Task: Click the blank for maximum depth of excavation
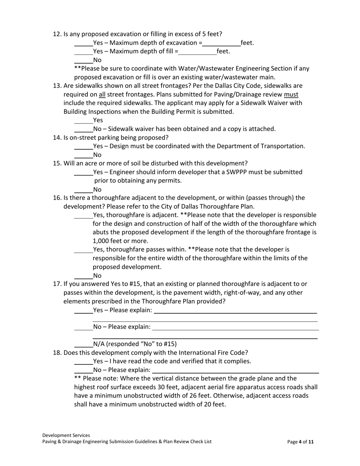click(x=221, y=43)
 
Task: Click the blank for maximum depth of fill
click(x=197, y=52)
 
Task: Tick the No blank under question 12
click(x=83, y=60)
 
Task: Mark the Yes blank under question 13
click(x=83, y=120)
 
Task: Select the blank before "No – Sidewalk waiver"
click(x=83, y=129)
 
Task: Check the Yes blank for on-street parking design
click(x=83, y=146)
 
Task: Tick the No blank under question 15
click(x=83, y=189)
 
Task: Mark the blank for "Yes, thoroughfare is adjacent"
click(x=83, y=215)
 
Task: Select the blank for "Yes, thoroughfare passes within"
click(x=83, y=250)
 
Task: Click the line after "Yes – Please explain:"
click(x=235, y=311)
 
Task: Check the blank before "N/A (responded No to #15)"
click(x=83, y=344)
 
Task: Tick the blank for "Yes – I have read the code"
click(x=83, y=361)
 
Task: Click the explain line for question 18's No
click(x=235, y=370)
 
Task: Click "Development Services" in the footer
click(x=66, y=435)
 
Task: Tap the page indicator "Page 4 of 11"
click(x=301, y=442)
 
